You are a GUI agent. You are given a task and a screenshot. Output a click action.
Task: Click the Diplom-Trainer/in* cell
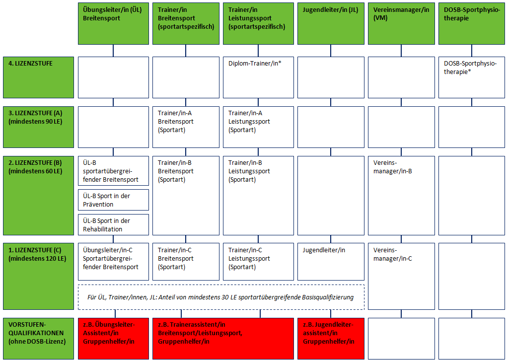(x=258, y=77)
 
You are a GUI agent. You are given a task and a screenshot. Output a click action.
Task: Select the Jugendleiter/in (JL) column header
(x=331, y=23)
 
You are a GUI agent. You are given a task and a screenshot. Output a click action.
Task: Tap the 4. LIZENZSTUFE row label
(x=38, y=77)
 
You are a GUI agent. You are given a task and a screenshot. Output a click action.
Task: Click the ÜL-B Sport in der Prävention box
(x=113, y=200)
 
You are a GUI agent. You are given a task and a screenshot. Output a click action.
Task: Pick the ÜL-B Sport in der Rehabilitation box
(x=113, y=224)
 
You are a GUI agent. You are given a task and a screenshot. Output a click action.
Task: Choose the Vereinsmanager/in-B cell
(x=401, y=196)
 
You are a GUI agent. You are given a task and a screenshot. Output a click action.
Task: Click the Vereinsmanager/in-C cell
(x=401, y=276)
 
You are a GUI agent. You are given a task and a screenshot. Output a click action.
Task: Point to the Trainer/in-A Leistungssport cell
(x=258, y=127)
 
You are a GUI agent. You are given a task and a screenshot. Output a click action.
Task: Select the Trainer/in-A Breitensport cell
(x=186, y=127)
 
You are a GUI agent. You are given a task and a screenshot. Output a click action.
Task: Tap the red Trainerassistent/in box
(x=223, y=338)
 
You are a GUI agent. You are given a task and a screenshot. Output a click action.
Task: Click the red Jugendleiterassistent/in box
(x=331, y=338)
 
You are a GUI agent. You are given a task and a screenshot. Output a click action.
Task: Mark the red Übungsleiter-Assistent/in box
(x=113, y=338)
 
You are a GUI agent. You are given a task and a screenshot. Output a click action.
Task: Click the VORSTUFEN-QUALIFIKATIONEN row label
(x=38, y=338)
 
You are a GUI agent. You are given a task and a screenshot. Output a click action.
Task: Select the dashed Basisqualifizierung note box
(x=221, y=297)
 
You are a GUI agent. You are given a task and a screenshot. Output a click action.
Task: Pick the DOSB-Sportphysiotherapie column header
(x=471, y=23)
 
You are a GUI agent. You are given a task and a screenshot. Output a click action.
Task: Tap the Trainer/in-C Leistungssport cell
(x=258, y=262)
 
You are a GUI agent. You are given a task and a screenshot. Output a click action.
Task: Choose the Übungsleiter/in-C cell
(x=113, y=262)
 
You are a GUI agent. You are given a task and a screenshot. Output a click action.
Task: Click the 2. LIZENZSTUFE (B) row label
(x=38, y=196)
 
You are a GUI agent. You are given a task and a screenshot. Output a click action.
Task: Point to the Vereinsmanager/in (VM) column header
(x=401, y=23)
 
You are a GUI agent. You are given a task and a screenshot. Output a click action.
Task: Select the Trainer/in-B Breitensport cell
(x=186, y=196)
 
